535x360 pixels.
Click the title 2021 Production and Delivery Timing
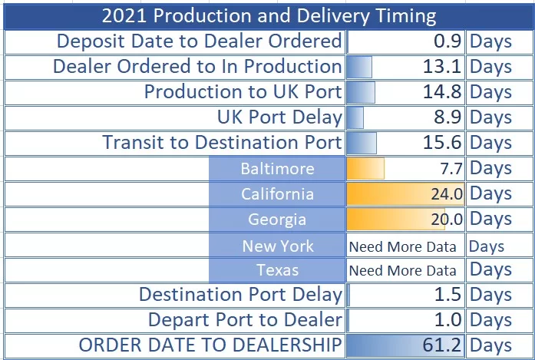click(268, 15)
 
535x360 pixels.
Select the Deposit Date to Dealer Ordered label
click(199, 41)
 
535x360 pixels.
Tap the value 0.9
click(448, 41)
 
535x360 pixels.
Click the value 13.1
click(442, 67)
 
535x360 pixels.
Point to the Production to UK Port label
click(243, 92)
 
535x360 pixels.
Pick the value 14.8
click(442, 92)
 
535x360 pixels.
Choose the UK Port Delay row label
click(279, 117)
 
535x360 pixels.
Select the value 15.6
click(442, 143)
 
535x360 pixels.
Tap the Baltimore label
click(277, 168)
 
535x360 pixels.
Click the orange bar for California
click(391, 193)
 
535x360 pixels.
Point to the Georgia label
click(277, 220)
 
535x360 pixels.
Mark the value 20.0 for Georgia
click(447, 220)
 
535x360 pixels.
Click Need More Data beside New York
click(402, 246)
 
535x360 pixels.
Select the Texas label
click(277, 270)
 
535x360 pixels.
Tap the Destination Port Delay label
click(240, 295)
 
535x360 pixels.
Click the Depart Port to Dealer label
click(245, 320)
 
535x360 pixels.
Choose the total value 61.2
click(442, 345)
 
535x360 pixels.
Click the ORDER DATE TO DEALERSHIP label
click(210, 345)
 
